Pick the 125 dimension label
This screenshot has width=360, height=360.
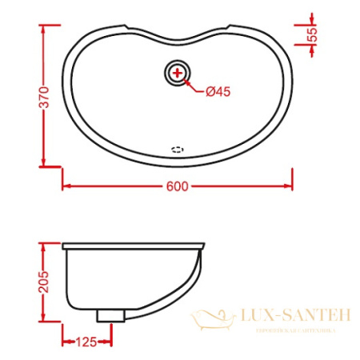(86, 342)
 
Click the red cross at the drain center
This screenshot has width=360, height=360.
(177, 74)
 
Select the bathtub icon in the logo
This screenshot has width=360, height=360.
(211, 320)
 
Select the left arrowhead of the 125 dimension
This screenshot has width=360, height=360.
(66, 342)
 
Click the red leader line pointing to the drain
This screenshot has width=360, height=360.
(194, 85)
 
